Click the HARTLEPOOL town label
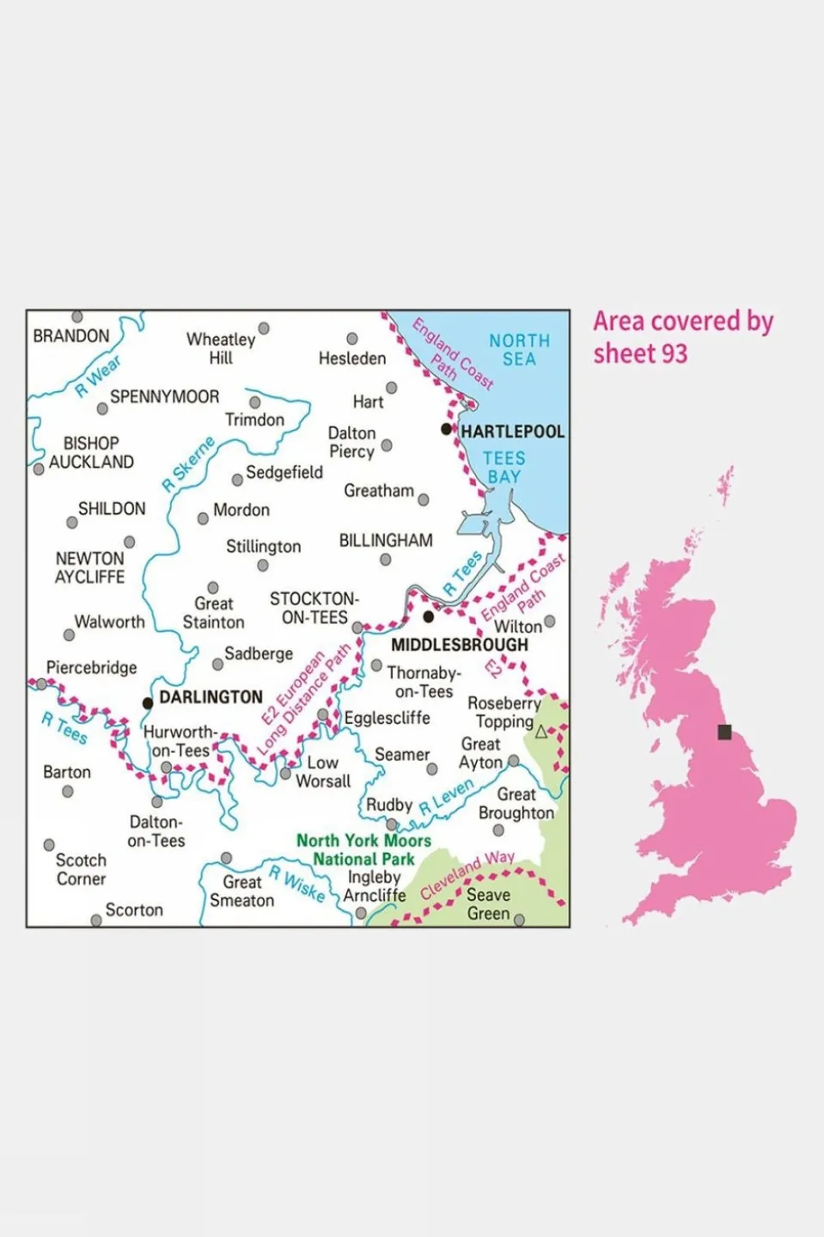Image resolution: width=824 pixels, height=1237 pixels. (x=512, y=431)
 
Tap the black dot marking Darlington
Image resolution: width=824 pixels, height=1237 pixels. (x=148, y=703)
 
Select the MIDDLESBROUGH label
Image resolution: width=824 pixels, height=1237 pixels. (x=459, y=645)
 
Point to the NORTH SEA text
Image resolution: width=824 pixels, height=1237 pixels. (x=519, y=350)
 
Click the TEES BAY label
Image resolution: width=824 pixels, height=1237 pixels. (x=504, y=468)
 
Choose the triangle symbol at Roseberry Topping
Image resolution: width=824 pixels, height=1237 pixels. (x=541, y=732)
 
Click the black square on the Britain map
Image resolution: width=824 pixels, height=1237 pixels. (x=724, y=732)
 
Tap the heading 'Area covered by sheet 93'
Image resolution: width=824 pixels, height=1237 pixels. (x=683, y=337)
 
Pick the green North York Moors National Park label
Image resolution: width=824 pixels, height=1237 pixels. (x=363, y=849)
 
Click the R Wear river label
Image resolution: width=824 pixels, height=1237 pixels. (x=98, y=377)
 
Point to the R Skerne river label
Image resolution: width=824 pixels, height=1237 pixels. (x=188, y=464)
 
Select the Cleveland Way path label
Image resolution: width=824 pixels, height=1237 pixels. (x=467, y=874)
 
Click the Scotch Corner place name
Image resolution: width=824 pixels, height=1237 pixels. (x=81, y=869)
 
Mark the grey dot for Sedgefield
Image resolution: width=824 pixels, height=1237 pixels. (x=237, y=480)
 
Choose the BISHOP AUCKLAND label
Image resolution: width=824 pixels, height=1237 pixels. (x=91, y=452)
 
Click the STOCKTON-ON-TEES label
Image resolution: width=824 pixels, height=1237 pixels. (x=314, y=608)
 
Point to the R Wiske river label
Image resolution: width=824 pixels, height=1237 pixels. (x=297, y=884)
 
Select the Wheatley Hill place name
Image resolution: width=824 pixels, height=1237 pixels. (x=221, y=348)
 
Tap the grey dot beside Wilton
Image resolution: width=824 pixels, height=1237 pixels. (x=550, y=621)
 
